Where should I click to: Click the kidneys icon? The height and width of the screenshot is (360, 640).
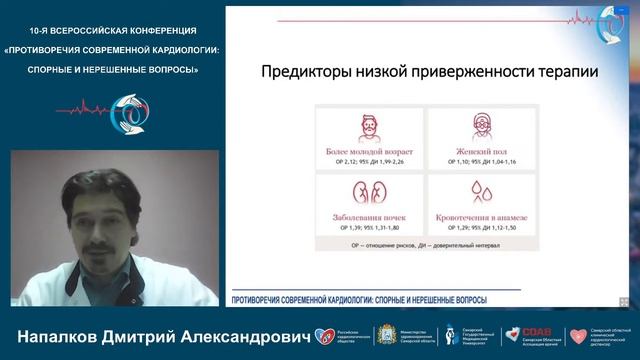pos(369,192)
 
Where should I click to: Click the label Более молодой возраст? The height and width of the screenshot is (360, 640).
pos(369,151)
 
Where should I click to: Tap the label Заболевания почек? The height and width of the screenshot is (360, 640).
pos(369,217)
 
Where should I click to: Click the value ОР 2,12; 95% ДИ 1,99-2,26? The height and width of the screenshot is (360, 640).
pos(369,162)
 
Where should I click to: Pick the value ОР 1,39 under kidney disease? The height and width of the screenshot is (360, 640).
pos(369,228)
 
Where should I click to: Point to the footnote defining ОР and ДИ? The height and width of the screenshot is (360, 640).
pos(427,243)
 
